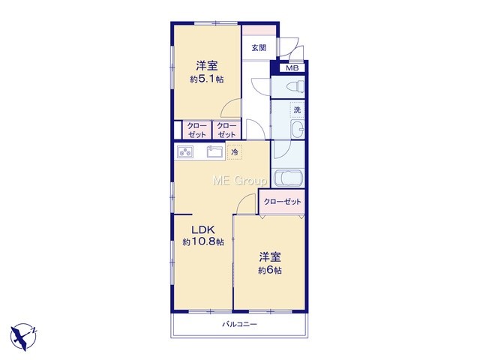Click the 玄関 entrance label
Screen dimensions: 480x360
pos(259,48)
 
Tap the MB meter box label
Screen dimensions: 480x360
pos(292,68)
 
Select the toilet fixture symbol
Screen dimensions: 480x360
pos(295,86)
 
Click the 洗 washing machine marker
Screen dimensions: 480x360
pos(297,109)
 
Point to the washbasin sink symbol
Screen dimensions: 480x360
pos(297,130)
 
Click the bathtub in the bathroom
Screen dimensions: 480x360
pos(288,178)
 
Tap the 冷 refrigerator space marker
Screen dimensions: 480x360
pos(235,152)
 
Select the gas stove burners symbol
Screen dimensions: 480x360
pos(185,152)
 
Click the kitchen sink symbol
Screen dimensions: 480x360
pos(216,151)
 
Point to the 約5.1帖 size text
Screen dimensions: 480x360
pos(207,79)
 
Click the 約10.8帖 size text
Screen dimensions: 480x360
pos(203,242)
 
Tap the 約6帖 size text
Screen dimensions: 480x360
pos(270,271)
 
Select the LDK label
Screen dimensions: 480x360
pos(202,229)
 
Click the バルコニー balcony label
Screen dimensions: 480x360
pos(240,324)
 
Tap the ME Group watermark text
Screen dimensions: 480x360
pos(240,181)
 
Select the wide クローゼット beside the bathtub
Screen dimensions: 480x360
pos(282,202)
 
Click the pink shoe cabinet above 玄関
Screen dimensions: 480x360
pos(259,30)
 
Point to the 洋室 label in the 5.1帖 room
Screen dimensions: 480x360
pos(207,66)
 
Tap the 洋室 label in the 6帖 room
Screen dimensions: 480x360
pos(270,257)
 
